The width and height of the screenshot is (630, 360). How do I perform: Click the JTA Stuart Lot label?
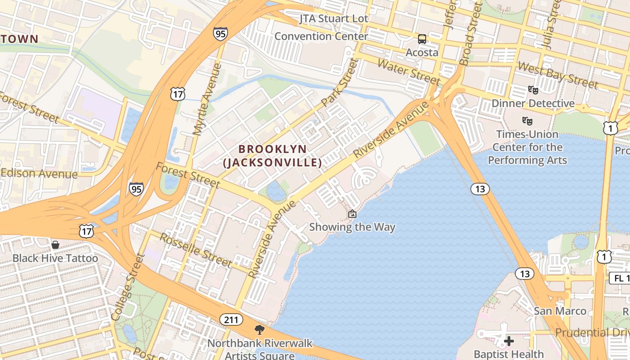coord(334,19)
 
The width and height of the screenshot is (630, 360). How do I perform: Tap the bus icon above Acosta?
coord(422,39)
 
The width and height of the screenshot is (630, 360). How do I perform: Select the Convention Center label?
coord(321,36)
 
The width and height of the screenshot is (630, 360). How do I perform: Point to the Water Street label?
coord(408,72)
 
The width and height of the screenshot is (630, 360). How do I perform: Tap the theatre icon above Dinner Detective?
coord(533,90)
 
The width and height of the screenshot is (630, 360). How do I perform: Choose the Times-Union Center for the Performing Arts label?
coord(527,147)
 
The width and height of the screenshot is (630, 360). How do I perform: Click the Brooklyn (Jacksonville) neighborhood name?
coord(273,156)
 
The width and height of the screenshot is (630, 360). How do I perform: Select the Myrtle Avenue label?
coord(207,99)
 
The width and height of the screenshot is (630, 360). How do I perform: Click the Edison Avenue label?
coord(39,174)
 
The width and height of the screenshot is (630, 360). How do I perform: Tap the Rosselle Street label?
coord(196,250)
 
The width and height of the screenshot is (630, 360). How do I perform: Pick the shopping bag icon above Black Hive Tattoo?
coord(55,245)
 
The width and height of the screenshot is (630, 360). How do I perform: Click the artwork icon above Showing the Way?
coord(352,214)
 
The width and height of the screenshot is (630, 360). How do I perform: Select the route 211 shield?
coord(231,320)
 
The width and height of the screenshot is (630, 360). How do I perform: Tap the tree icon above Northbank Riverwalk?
coord(259,330)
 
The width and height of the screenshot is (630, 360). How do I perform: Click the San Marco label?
coord(560,311)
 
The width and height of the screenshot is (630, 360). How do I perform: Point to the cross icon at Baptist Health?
coord(509,341)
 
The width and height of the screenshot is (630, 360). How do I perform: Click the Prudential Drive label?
coord(592,333)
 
